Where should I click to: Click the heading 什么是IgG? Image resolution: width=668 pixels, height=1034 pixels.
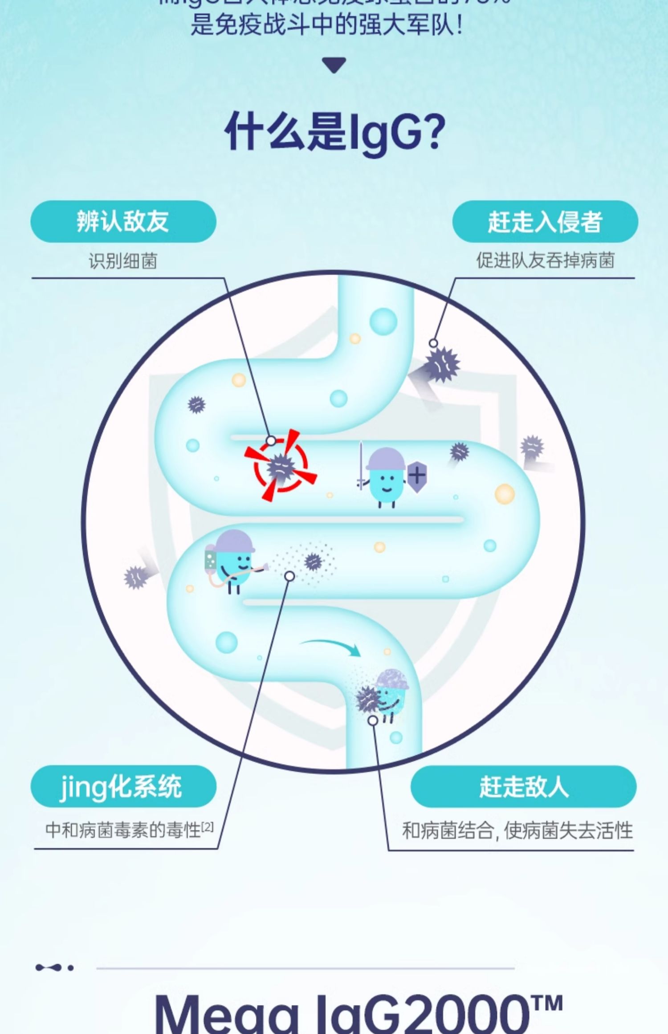coord(334,132)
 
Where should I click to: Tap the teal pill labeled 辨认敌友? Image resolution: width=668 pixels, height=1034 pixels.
coord(123,221)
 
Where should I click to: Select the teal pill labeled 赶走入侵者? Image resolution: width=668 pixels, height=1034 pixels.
coord(545,221)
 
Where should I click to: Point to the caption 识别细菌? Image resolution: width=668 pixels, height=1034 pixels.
coord(123,261)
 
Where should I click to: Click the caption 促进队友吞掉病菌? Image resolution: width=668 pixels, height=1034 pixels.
coord(545,261)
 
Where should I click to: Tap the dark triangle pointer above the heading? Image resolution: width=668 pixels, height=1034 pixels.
coord(334,65)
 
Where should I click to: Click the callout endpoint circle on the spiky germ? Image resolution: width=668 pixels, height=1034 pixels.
coord(433,343)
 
